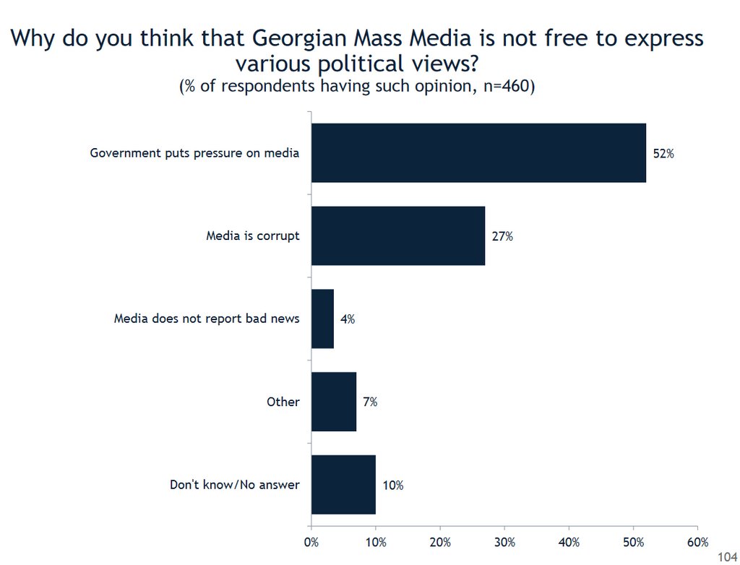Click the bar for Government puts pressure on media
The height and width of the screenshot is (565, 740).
(478, 153)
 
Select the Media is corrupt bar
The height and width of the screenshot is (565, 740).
(398, 236)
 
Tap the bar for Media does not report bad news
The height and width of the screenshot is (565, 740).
(323, 319)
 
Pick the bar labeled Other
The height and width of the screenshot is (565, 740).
(334, 402)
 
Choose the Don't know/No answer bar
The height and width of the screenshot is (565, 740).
(343, 485)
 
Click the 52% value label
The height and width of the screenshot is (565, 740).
(663, 153)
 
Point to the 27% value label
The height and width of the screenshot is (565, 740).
(502, 236)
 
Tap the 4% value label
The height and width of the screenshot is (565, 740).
(347, 319)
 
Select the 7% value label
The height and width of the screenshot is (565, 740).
(369, 402)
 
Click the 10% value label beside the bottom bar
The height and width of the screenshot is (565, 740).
(393, 485)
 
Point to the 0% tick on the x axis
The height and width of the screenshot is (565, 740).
(311, 542)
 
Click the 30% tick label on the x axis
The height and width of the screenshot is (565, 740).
(504, 542)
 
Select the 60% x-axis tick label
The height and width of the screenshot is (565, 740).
(697, 542)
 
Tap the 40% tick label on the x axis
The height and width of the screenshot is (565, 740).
(569, 542)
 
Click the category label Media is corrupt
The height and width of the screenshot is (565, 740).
(252, 236)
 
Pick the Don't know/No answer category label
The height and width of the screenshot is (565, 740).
(234, 485)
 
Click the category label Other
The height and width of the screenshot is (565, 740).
(283, 402)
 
